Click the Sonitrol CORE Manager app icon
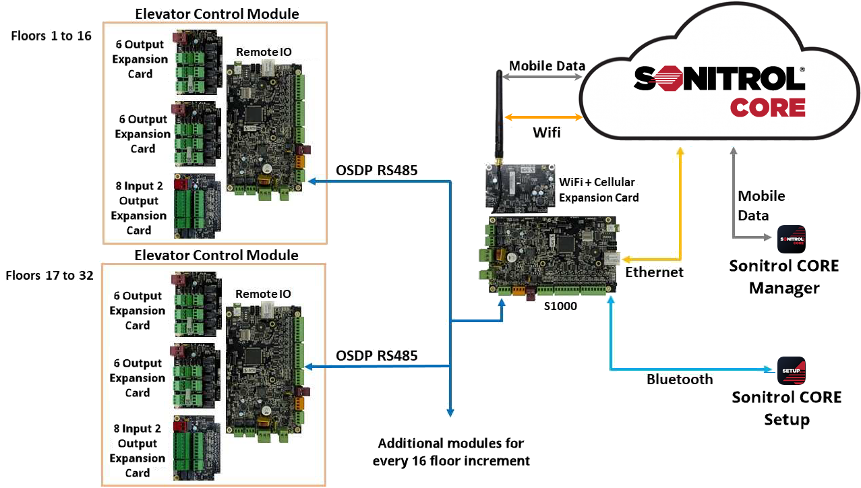pyautogui.click(x=792, y=239)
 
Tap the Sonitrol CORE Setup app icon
pyautogui.click(x=792, y=370)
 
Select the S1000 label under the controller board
pyautogui.click(x=560, y=305)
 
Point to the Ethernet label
pyautogui.click(x=654, y=272)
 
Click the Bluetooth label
pyautogui.click(x=679, y=379)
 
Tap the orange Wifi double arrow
pyautogui.click(x=543, y=117)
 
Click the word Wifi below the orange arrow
pyautogui.click(x=546, y=132)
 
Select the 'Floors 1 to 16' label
pyautogui.click(x=51, y=36)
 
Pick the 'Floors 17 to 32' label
pyautogui.click(x=49, y=276)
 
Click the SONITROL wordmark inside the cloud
pyautogui.click(x=719, y=80)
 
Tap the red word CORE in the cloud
pyautogui.click(x=768, y=108)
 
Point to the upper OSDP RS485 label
pyautogui.click(x=376, y=171)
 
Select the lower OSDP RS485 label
pyautogui.click(x=376, y=355)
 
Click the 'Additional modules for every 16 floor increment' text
pyautogui.click(x=450, y=452)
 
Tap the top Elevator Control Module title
pyautogui.click(x=216, y=13)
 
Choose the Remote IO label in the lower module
pyautogui.click(x=263, y=294)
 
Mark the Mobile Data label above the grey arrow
pyautogui.click(x=547, y=65)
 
